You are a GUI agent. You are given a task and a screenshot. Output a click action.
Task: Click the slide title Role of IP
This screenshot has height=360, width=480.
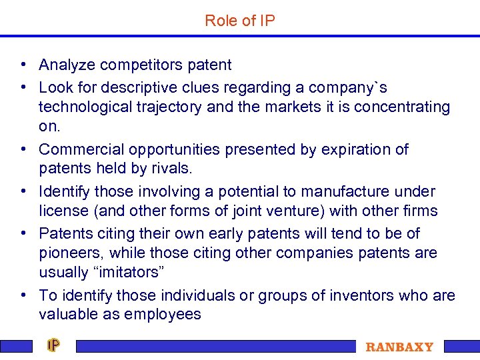240,21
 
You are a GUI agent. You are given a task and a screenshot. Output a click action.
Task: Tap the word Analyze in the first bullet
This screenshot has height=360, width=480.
65,65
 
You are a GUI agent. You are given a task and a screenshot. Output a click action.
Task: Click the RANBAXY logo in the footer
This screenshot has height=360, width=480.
399,347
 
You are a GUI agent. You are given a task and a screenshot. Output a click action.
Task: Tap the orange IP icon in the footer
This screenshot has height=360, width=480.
53,345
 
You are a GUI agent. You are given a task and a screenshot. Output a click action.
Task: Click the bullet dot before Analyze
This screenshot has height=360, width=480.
23,65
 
